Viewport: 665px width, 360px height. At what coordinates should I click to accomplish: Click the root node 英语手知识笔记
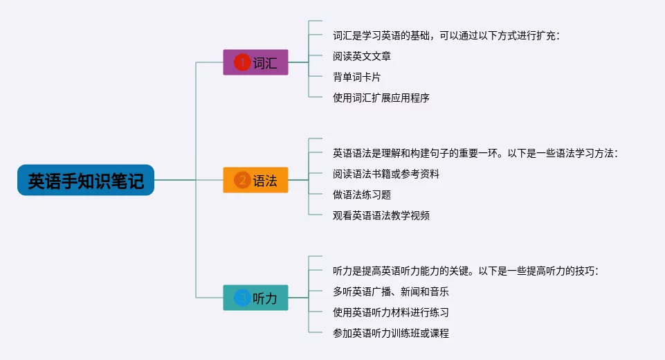(86, 180)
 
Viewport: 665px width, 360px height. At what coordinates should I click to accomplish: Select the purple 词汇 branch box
(256, 62)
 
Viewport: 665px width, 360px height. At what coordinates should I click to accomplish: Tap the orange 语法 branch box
(256, 180)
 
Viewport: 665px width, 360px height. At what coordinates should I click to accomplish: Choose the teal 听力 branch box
(256, 298)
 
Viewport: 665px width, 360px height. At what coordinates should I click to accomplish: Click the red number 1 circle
(242, 62)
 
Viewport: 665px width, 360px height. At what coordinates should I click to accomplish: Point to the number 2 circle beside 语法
(242, 180)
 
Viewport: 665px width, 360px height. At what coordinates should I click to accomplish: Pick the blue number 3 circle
(242, 298)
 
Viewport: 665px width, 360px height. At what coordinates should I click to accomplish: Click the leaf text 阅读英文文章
(362, 56)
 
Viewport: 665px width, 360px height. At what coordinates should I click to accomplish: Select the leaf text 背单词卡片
(356, 77)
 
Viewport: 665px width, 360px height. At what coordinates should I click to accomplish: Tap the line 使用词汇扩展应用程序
(381, 98)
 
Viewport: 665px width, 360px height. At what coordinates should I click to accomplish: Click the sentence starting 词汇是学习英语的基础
(446, 36)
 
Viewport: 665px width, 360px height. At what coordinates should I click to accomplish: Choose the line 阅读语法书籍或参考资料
(386, 174)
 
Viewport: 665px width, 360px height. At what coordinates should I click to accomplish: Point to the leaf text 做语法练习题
(362, 195)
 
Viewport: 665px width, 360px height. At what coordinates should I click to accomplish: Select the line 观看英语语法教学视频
(381, 215)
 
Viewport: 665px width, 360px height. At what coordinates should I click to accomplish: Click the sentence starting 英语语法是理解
(475, 153)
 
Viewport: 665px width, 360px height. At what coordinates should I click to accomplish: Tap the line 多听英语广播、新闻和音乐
(390, 291)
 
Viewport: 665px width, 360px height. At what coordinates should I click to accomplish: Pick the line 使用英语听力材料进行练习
(390, 312)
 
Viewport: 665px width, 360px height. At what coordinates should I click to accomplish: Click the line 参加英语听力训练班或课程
(390, 333)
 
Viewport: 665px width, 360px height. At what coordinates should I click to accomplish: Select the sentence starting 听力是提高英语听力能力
(466, 271)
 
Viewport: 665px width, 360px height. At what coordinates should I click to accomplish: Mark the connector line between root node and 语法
(189, 180)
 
